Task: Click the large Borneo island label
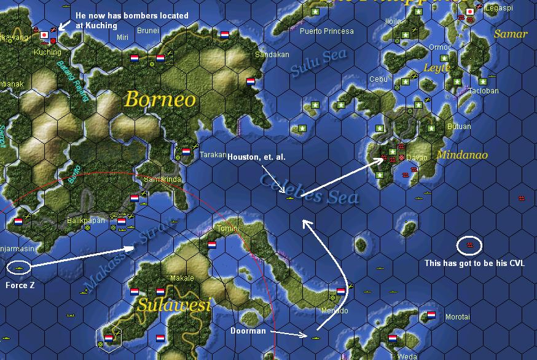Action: [160, 100]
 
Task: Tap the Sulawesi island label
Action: [174, 304]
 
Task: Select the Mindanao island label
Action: [462, 155]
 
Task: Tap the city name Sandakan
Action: [272, 55]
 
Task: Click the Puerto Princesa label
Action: [326, 31]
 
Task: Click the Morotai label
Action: [457, 317]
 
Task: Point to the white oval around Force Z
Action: [20, 267]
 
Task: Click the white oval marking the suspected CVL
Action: [469, 245]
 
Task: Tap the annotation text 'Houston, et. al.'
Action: [256, 157]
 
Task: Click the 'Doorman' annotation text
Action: [248, 331]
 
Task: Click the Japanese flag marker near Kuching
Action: [44, 35]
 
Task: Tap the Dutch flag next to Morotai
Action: [431, 315]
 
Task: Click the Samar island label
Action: [511, 34]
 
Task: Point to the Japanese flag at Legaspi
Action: [470, 11]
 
